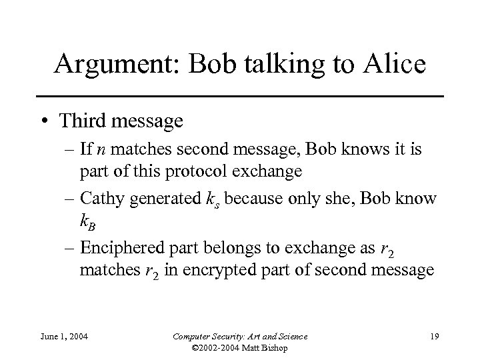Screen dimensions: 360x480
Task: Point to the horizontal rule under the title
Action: (x=239, y=97)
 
